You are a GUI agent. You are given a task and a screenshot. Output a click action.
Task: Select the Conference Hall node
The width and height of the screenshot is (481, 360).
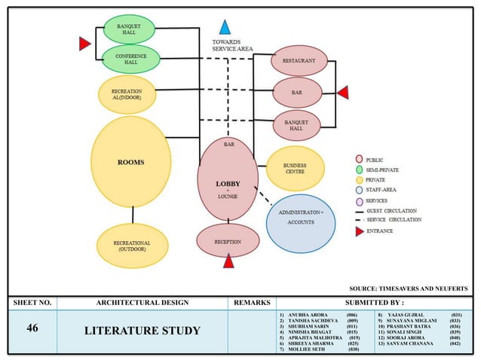tap(130, 59)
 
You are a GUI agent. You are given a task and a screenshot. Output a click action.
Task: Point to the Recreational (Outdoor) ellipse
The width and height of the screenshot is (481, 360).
tap(131, 249)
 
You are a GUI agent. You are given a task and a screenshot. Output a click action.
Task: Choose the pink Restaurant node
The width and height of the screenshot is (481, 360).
tap(299, 60)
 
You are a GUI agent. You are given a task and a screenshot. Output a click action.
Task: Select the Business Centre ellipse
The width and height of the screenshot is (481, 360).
tap(295, 169)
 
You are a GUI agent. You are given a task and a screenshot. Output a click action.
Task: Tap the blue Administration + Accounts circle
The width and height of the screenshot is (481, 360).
tap(301, 218)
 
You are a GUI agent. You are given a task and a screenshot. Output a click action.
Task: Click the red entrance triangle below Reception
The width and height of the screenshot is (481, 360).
tap(228, 262)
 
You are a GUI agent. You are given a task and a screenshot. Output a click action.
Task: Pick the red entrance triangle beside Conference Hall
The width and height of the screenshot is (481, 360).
tap(85, 44)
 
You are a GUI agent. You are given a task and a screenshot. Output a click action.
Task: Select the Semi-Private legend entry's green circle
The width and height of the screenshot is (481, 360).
tap(359, 171)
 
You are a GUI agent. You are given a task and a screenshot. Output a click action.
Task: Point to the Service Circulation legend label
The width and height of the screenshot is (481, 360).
tap(393, 220)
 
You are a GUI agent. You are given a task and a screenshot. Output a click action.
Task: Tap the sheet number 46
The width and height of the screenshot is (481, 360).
tap(32, 329)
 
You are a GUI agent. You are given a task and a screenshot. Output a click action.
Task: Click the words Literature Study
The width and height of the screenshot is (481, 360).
tap(142, 331)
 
